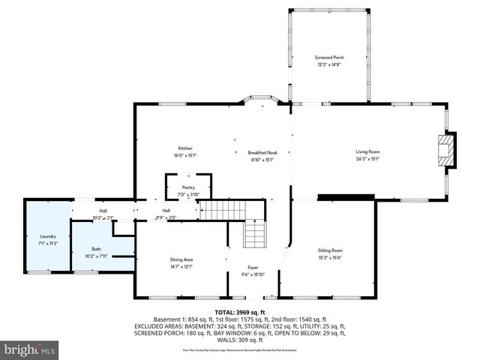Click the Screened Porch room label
tap(328, 57)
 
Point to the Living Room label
tap(367, 152)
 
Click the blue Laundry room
tap(47, 237)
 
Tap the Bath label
tap(96, 249)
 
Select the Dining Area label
tap(182, 259)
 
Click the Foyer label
tap(254, 268)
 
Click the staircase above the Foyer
tap(254, 234)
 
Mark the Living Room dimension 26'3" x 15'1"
tap(367, 158)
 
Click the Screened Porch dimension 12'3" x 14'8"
tap(328, 64)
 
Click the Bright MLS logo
tap(30, 349)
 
